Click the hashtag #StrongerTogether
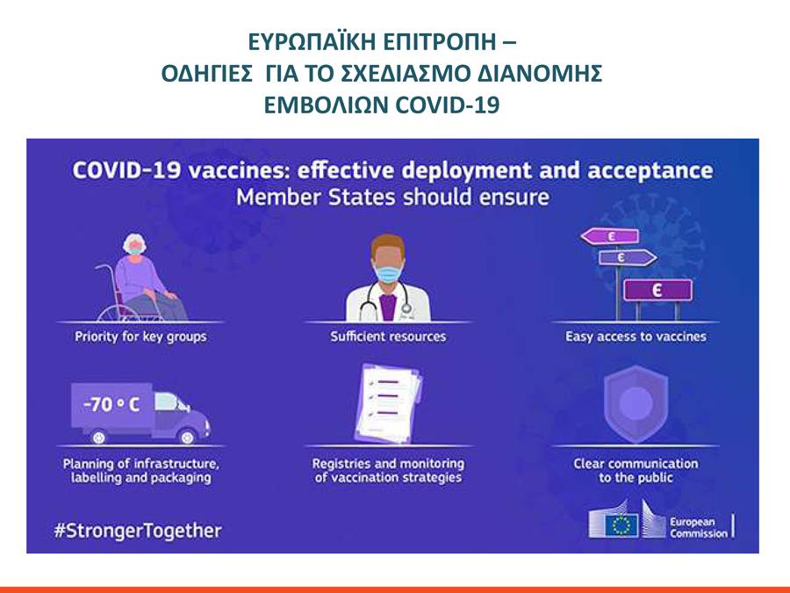coord(138,531)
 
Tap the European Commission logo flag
coord(621,525)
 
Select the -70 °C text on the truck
coord(111,404)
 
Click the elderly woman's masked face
coord(135,246)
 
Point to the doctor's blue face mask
coord(389,274)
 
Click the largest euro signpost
coord(657,291)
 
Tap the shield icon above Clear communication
coord(636,403)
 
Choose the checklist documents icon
coord(390,403)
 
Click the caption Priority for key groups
coord(140,336)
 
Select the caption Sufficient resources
coord(388,336)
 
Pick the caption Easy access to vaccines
coord(636,336)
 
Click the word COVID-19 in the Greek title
coord(448,105)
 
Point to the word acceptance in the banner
coord(650,170)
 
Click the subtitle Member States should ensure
coord(392,197)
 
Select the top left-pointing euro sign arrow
coord(610,236)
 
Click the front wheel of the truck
coord(188,436)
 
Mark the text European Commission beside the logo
coord(699,527)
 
